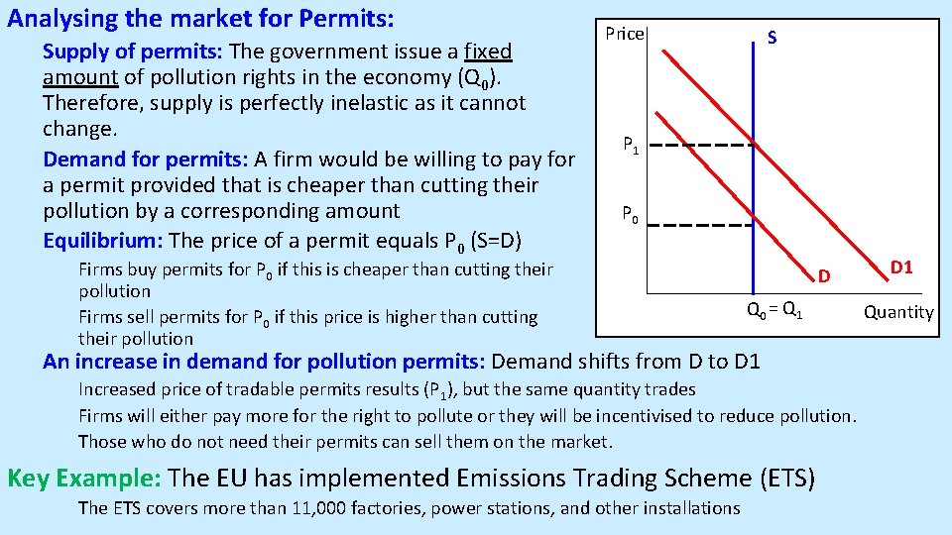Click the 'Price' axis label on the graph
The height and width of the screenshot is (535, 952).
[625, 35]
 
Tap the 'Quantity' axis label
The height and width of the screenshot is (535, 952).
[897, 312]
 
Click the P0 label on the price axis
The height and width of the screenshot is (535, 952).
[631, 213]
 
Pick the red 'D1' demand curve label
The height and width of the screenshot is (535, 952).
[901, 267]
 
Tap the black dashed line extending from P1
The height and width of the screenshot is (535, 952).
[704, 145]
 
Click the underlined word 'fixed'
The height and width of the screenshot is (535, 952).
[487, 51]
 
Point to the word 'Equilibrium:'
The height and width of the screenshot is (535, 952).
[103, 240]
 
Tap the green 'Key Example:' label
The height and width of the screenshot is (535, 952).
[83, 478]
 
